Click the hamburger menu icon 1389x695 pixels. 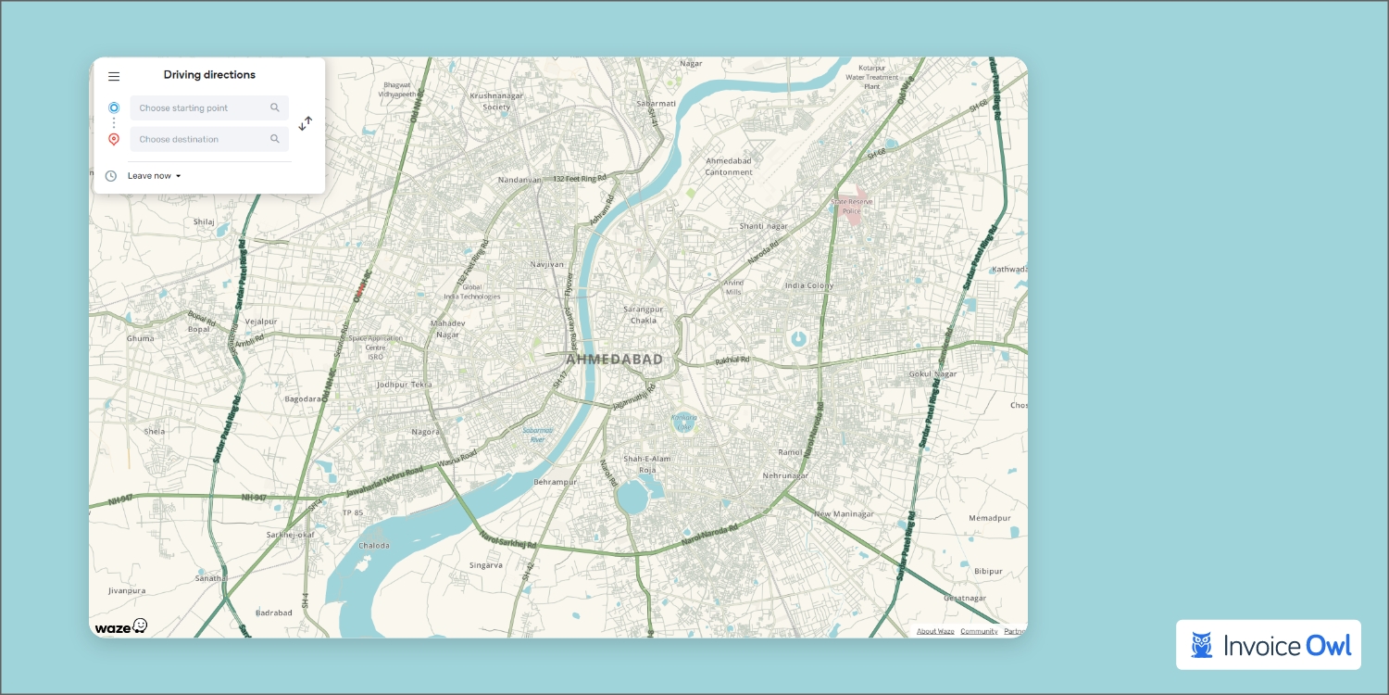point(114,77)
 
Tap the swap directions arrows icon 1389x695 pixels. point(306,123)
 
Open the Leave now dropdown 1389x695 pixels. point(154,176)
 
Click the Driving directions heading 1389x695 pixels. point(209,75)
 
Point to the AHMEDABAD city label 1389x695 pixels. point(614,360)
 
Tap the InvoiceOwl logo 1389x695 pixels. point(1269,645)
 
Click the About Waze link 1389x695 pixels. point(935,631)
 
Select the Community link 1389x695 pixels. point(979,631)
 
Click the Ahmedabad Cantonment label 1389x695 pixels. point(729,166)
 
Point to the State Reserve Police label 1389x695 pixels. point(851,206)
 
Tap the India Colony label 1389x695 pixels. point(808,285)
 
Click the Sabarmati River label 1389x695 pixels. point(537,435)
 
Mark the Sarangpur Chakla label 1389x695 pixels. point(643,314)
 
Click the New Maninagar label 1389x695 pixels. point(844,513)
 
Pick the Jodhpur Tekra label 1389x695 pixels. point(404,385)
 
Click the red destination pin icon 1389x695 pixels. point(114,140)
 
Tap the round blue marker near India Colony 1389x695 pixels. point(797,339)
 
